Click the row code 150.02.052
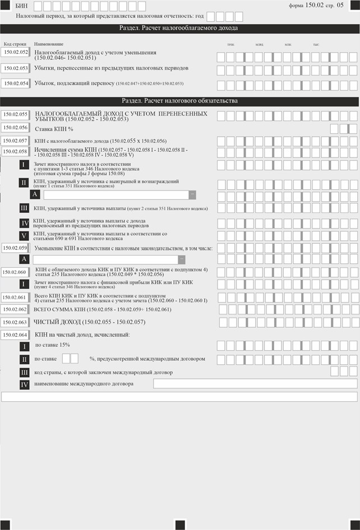(x=15, y=53)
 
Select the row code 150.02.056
(x=15, y=128)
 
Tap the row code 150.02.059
(x=15, y=247)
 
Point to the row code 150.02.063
(x=15, y=322)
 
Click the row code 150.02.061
(x=15, y=297)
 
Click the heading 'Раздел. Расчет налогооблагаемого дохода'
(x=179, y=28)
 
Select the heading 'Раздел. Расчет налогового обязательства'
(x=179, y=101)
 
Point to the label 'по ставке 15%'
(x=52, y=345)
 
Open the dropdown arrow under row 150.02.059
(x=181, y=259)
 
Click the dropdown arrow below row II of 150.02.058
(x=192, y=194)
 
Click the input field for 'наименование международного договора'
(x=255, y=384)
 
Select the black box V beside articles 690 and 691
(x=24, y=236)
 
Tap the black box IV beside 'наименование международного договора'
(x=24, y=384)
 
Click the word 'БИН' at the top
(x=22, y=5)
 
